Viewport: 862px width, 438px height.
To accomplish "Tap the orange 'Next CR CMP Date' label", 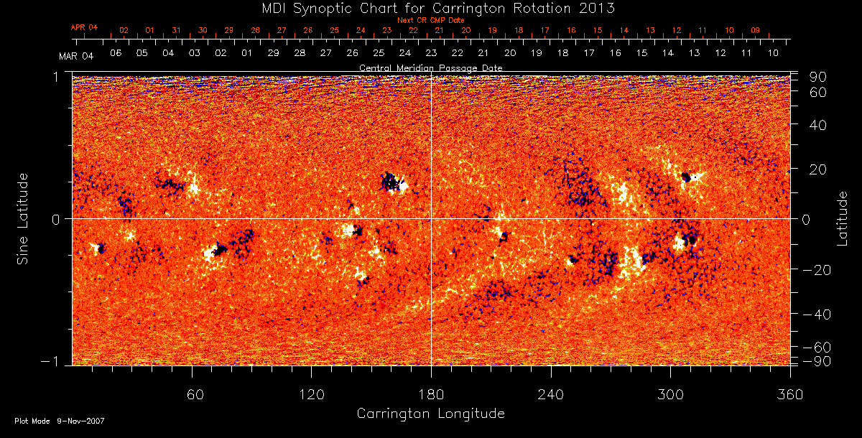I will pyautogui.click(x=430, y=20).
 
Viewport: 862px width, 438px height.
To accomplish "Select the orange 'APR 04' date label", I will pyautogui.click(x=84, y=27).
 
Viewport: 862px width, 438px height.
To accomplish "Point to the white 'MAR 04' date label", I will pyautogui.click(x=76, y=55).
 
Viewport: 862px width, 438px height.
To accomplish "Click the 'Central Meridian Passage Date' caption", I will pyautogui.click(x=430, y=67).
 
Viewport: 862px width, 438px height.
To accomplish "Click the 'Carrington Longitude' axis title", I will pyautogui.click(x=430, y=414).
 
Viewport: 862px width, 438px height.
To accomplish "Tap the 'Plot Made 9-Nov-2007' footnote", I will pyautogui.click(x=60, y=421).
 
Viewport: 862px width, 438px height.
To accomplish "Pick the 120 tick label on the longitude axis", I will pyautogui.click(x=311, y=393).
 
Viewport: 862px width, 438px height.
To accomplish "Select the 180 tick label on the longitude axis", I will pyautogui.click(x=430, y=393).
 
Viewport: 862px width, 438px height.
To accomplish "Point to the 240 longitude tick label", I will pyautogui.click(x=550, y=393).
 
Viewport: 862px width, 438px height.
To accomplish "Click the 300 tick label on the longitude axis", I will pyautogui.click(x=670, y=393).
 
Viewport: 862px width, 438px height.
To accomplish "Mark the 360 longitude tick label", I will pyautogui.click(x=789, y=393).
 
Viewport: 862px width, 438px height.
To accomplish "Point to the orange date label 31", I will pyautogui.click(x=176, y=31).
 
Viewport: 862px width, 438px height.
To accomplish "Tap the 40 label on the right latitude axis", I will pyautogui.click(x=818, y=125).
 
